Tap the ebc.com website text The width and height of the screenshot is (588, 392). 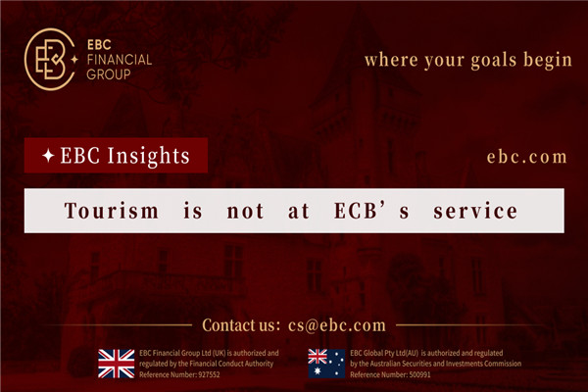[526, 156]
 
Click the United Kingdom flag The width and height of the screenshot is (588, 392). [117, 363]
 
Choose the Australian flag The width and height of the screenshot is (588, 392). [326, 363]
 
